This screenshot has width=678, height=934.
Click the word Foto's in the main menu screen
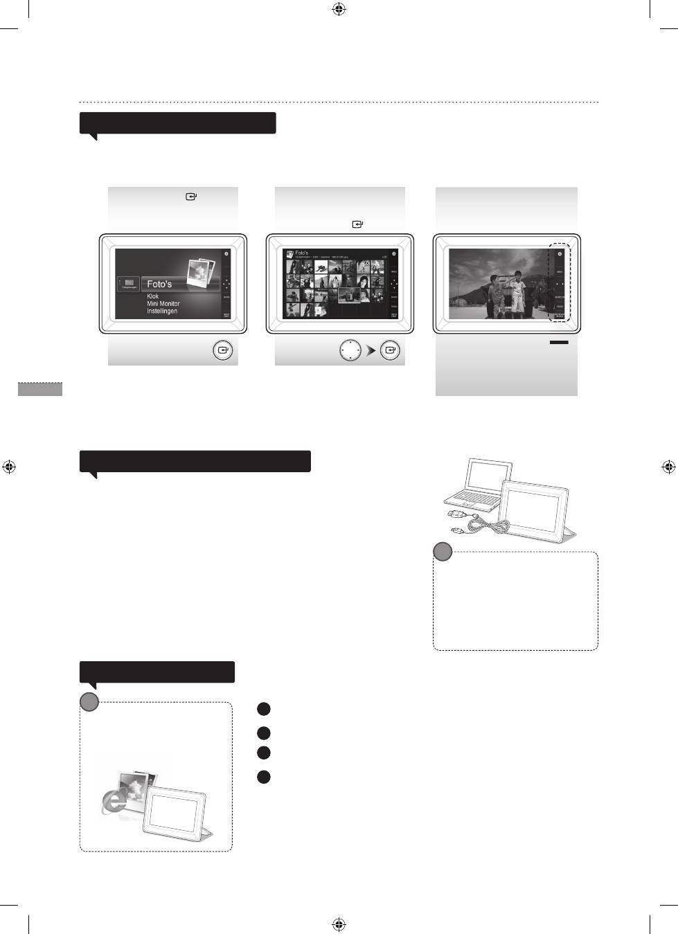coord(159,284)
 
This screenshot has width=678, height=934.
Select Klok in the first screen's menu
coord(152,296)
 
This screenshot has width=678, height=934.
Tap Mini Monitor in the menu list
coord(163,304)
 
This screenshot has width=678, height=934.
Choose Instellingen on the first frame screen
coord(161,312)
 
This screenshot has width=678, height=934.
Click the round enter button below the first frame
coord(222,350)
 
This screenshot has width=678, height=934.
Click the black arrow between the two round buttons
coord(371,351)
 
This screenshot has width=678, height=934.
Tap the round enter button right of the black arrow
coord(391,350)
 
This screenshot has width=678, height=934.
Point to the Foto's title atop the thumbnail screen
coord(302,253)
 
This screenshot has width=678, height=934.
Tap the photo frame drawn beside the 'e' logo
coord(177,811)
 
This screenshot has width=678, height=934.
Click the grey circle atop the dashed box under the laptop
coord(443,553)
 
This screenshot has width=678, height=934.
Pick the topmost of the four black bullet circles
coord(263,709)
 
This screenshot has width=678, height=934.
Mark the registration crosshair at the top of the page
coord(339,9)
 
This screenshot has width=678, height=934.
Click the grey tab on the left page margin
coord(39,388)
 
